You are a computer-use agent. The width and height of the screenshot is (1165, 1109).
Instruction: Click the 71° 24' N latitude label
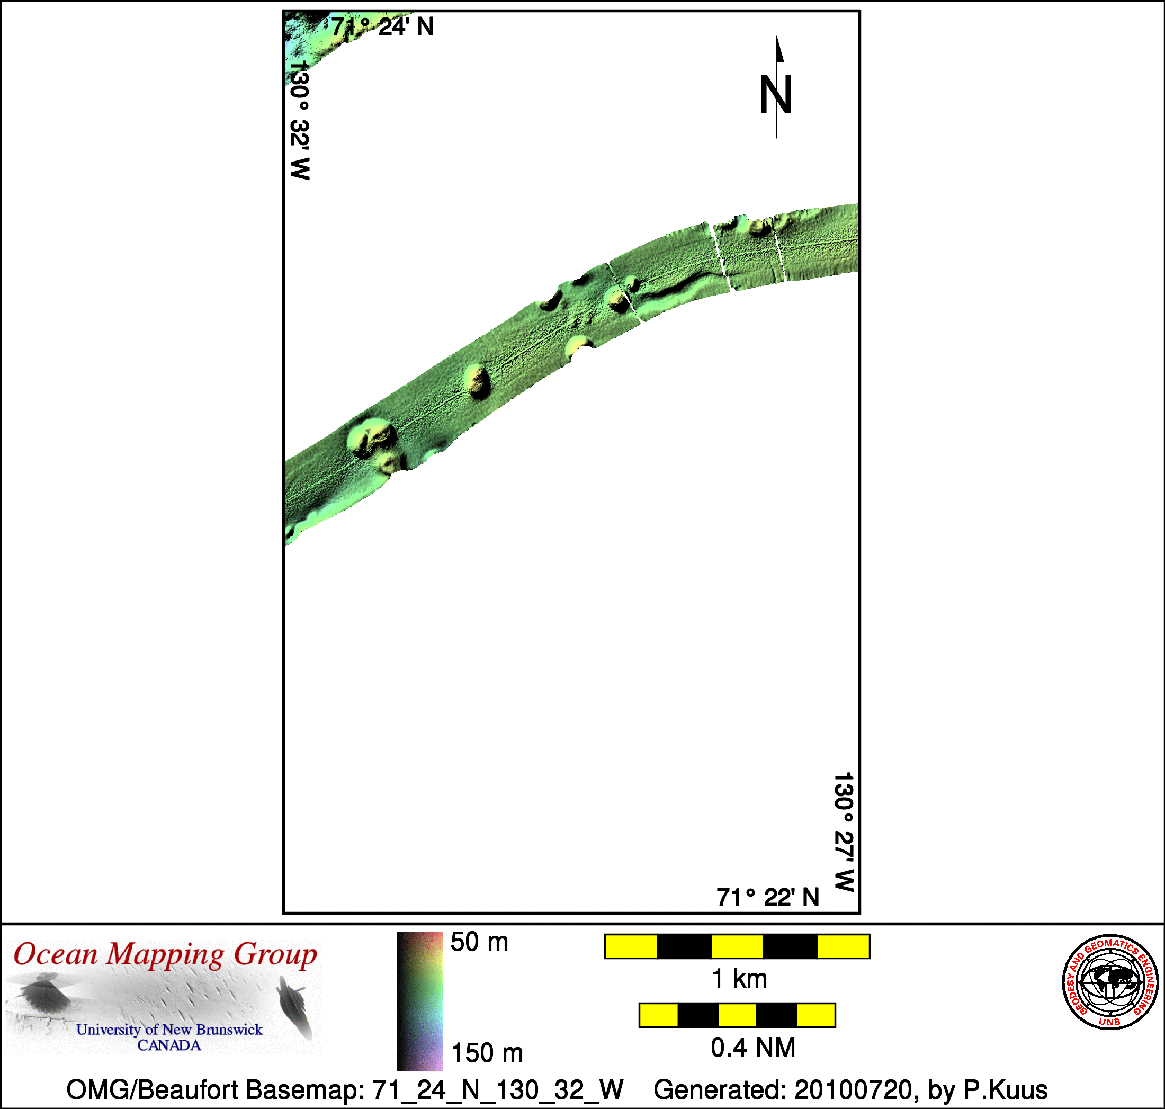pos(382,26)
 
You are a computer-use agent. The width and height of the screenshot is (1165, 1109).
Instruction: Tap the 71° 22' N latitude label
pos(768,897)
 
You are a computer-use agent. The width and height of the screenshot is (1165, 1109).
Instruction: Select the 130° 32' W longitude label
pos(300,120)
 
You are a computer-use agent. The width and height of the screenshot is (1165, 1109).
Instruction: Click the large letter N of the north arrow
pos(775,95)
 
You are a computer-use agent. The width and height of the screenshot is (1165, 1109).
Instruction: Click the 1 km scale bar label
pos(739,979)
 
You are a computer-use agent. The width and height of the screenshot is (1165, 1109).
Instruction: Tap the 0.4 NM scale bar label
pos(752,1048)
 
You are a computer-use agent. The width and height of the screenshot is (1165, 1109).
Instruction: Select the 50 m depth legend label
pos(479,942)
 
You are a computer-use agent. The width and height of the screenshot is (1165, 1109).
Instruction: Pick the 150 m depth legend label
pos(487,1053)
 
